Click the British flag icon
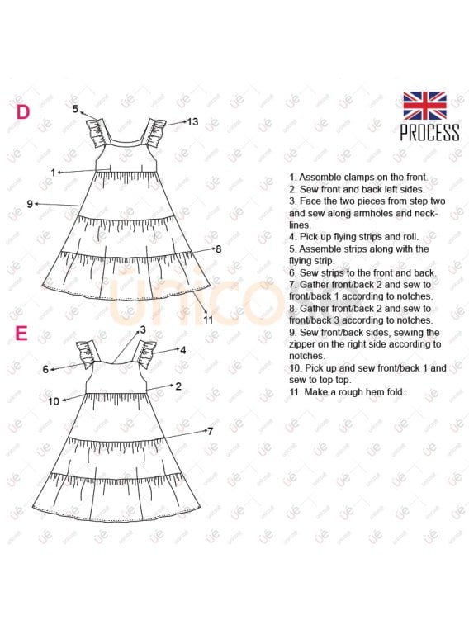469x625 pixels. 424,106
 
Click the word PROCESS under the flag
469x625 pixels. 429,133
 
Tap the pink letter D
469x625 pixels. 23,112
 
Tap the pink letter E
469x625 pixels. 21,334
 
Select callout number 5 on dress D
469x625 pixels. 75,109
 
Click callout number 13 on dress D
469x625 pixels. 192,122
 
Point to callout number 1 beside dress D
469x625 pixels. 53,173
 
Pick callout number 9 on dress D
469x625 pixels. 30,203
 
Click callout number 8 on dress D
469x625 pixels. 218,248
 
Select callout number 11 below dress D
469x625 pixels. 208,320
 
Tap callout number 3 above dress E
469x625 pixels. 142,329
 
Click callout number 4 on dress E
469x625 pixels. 183,350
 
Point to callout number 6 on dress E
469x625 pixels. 46,370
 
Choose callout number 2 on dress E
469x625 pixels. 178,386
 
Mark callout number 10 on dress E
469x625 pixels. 54,402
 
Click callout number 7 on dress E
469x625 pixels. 210,431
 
